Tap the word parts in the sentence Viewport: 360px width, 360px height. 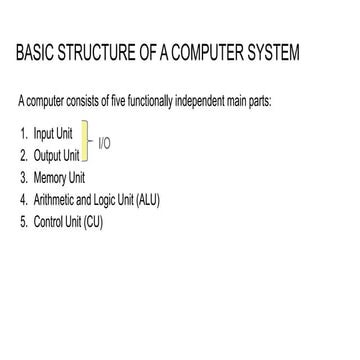278,104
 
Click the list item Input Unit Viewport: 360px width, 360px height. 51,133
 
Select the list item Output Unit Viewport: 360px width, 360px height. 55,155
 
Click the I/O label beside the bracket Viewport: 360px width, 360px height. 105,144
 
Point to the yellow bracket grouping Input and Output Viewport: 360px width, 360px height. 87,144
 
